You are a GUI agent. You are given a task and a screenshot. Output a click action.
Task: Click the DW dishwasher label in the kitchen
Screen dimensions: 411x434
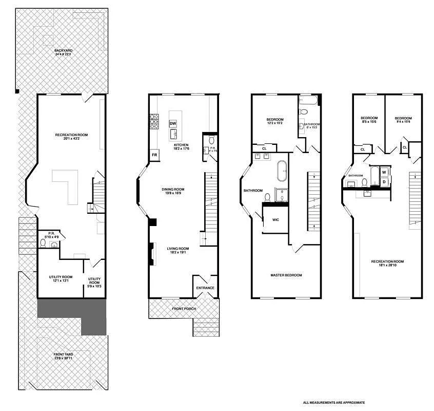click(173, 124)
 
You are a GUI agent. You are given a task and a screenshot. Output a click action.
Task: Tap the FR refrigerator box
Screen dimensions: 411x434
click(154, 155)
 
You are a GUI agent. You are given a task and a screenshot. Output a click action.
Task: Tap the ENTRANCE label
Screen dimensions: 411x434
click(205, 288)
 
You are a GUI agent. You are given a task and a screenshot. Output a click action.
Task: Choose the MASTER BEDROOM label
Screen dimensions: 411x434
click(286, 275)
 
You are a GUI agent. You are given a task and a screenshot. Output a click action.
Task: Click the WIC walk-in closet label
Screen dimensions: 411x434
click(275, 219)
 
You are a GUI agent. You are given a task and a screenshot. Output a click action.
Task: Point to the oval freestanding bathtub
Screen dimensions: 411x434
click(282, 172)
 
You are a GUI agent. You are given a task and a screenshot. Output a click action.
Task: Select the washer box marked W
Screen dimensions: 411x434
click(384, 172)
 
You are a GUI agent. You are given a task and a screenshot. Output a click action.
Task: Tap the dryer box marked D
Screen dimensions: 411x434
click(384, 181)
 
